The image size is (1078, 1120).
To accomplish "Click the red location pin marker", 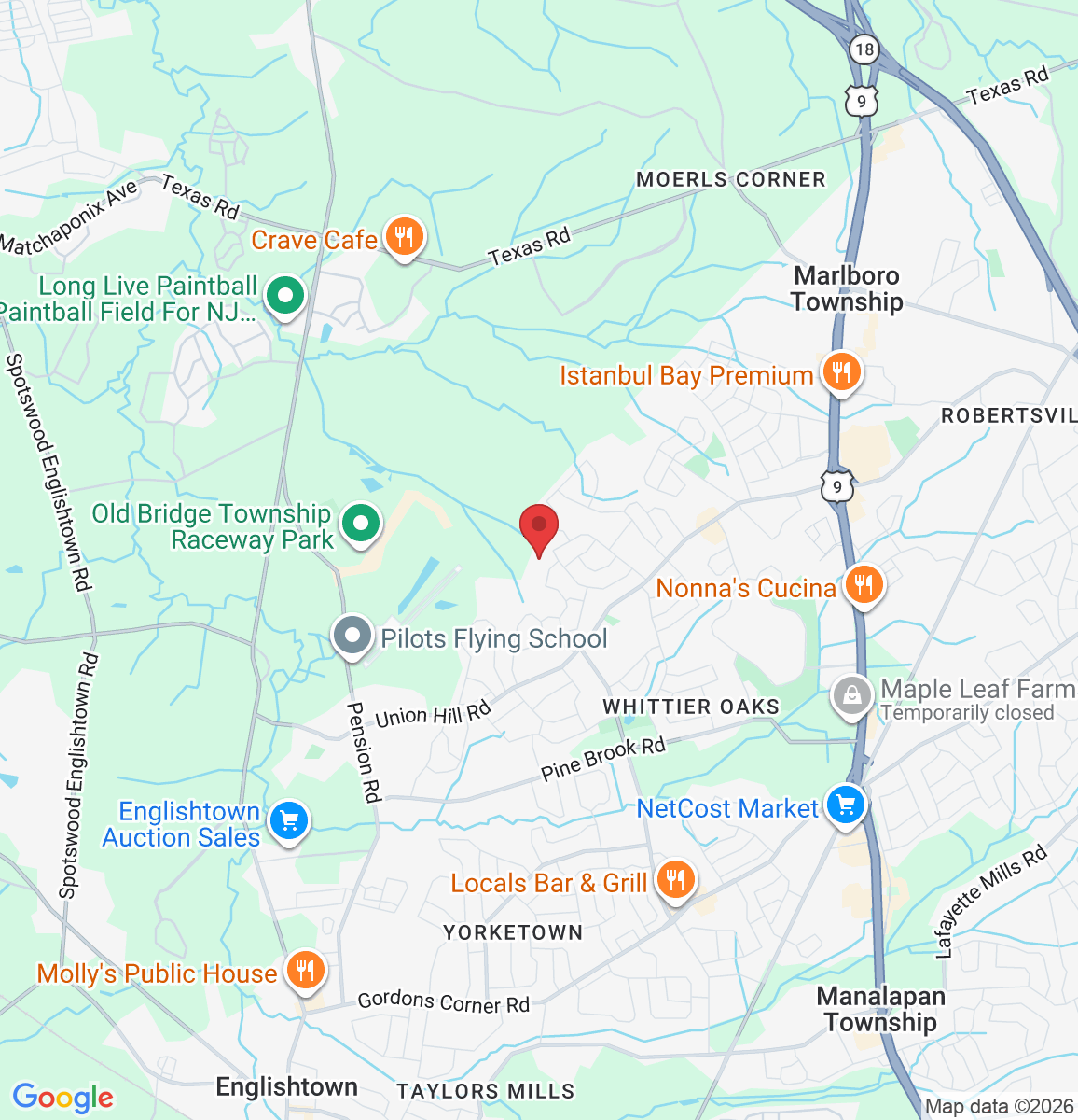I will click(538, 528).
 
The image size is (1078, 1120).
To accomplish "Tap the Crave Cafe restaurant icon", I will click(404, 237).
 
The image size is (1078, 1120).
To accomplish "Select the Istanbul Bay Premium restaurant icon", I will click(841, 372).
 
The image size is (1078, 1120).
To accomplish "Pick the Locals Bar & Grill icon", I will click(675, 880).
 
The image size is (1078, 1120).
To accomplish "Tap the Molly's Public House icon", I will click(304, 971).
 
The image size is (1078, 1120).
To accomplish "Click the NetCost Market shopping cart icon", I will click(846, 805).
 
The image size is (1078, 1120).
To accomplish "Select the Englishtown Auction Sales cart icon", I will click(288, 821).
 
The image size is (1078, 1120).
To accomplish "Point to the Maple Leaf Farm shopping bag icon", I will click(851, 695).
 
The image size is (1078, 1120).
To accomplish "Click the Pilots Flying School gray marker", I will click(352, 637).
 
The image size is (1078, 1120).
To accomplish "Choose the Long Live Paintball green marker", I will click(285, 296).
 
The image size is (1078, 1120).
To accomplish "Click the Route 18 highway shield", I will click(864, 49).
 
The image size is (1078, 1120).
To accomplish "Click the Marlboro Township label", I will click(847, 288).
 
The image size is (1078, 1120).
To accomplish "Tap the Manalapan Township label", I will click(880, 1009).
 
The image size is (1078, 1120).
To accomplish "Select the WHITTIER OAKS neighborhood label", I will click(691, 707).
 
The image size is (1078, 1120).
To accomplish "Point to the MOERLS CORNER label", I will click(731, 179).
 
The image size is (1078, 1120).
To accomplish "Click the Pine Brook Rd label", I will click(603, 759).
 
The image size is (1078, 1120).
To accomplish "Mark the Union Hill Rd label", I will click(433, 715).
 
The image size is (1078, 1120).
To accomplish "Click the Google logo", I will click(62, 1098).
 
